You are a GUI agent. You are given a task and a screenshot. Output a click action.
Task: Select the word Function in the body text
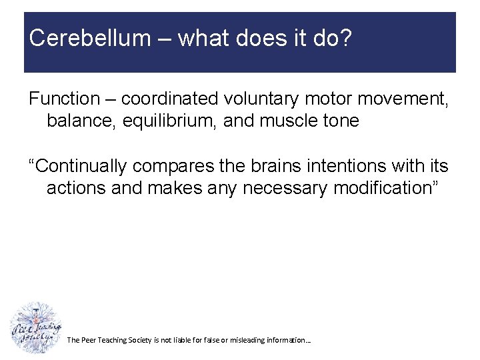[x=63, y=99]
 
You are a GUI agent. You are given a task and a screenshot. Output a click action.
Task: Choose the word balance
[x=81, y=121]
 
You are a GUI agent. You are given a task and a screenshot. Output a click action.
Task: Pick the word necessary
[x=285, y=188]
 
